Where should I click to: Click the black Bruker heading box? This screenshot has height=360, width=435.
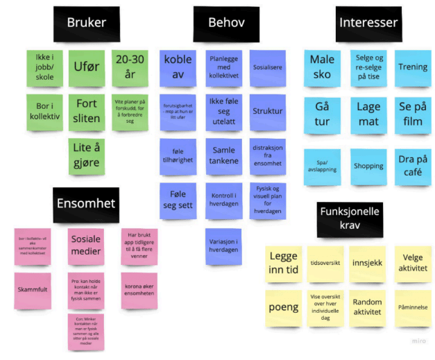click(87, 24)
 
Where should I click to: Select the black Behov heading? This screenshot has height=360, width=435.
click(225, 24)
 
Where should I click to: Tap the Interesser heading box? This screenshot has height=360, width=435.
click(368, 24)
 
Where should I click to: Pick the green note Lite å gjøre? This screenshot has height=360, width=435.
click(86, 155)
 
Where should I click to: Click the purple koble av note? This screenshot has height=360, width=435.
click(178, 67)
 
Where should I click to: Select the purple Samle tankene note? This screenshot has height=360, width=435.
click(224, 155)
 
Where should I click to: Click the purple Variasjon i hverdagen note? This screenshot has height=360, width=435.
click(224, 246)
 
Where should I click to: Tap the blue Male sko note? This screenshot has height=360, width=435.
click(322, 67)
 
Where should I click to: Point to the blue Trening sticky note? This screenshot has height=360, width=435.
click(413, 67)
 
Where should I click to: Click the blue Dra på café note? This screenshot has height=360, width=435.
click(413, 166)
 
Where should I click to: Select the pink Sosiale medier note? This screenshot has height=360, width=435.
click(86, 246)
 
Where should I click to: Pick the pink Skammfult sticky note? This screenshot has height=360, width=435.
click(33, 291)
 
